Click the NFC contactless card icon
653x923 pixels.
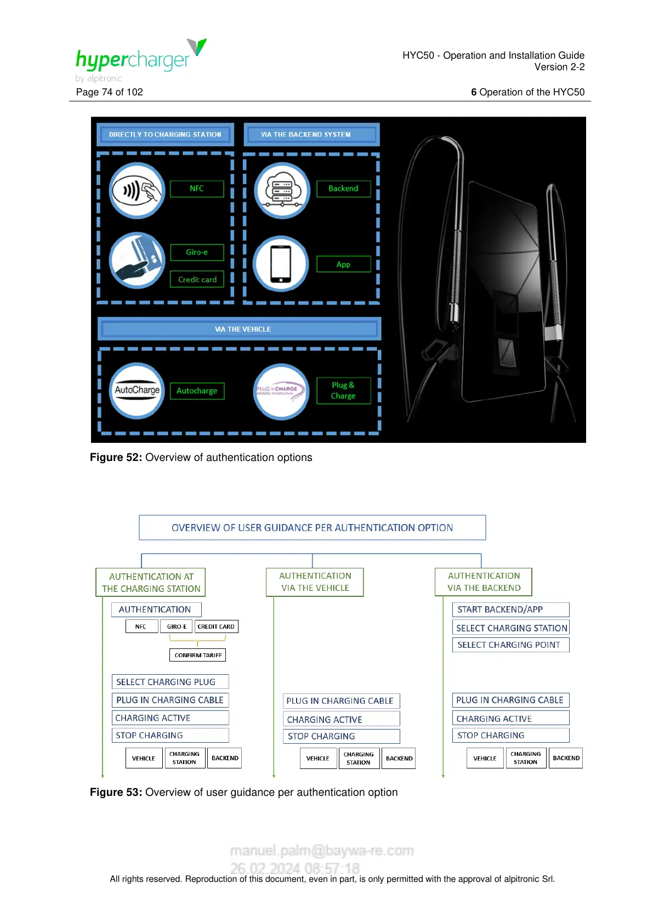point(137,190)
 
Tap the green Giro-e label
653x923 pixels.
point(197,252)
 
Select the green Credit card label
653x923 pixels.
point(197,280)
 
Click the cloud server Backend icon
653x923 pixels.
point(282,190)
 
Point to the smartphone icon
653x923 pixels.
point(281,264)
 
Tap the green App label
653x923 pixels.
point(343,264)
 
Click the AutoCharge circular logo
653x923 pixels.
point(137,390)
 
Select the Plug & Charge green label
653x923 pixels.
point(343,391)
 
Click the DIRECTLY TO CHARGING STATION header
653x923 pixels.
point(165,134)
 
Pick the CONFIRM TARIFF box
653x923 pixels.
point(198,655)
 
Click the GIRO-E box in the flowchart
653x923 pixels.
point(177,626)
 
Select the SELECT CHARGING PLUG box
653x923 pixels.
point(170,682)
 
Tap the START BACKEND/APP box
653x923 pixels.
point(510,609)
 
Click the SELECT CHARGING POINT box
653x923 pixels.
point(510,645)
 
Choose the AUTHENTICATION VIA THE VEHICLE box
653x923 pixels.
point(315,582)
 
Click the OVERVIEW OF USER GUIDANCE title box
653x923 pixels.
point(312,528)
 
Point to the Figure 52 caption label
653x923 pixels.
point(201,458)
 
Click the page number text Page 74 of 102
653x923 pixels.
point(110,92)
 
